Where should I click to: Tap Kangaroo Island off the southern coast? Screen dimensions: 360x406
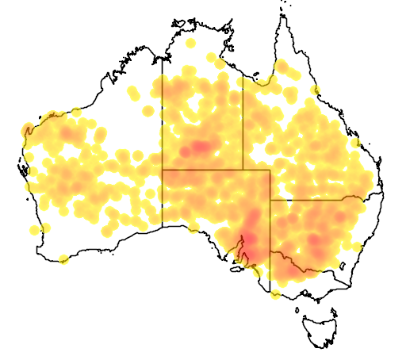[236, 270]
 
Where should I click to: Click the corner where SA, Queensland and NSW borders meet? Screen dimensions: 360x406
[270, 199]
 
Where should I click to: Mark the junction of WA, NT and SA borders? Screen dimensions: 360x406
[163, 169]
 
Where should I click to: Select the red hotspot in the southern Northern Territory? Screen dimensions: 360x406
[199, 147]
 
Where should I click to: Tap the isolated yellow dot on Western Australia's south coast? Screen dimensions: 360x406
[63, 259]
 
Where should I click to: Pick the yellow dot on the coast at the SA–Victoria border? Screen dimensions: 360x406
[274, 294]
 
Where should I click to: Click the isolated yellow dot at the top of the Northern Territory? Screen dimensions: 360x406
[190, 43]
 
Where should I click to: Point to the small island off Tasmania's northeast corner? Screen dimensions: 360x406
[336, 305]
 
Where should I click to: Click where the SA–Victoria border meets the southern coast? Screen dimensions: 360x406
[270, 291]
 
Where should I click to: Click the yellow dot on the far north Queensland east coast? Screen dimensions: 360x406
[316, 90]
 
